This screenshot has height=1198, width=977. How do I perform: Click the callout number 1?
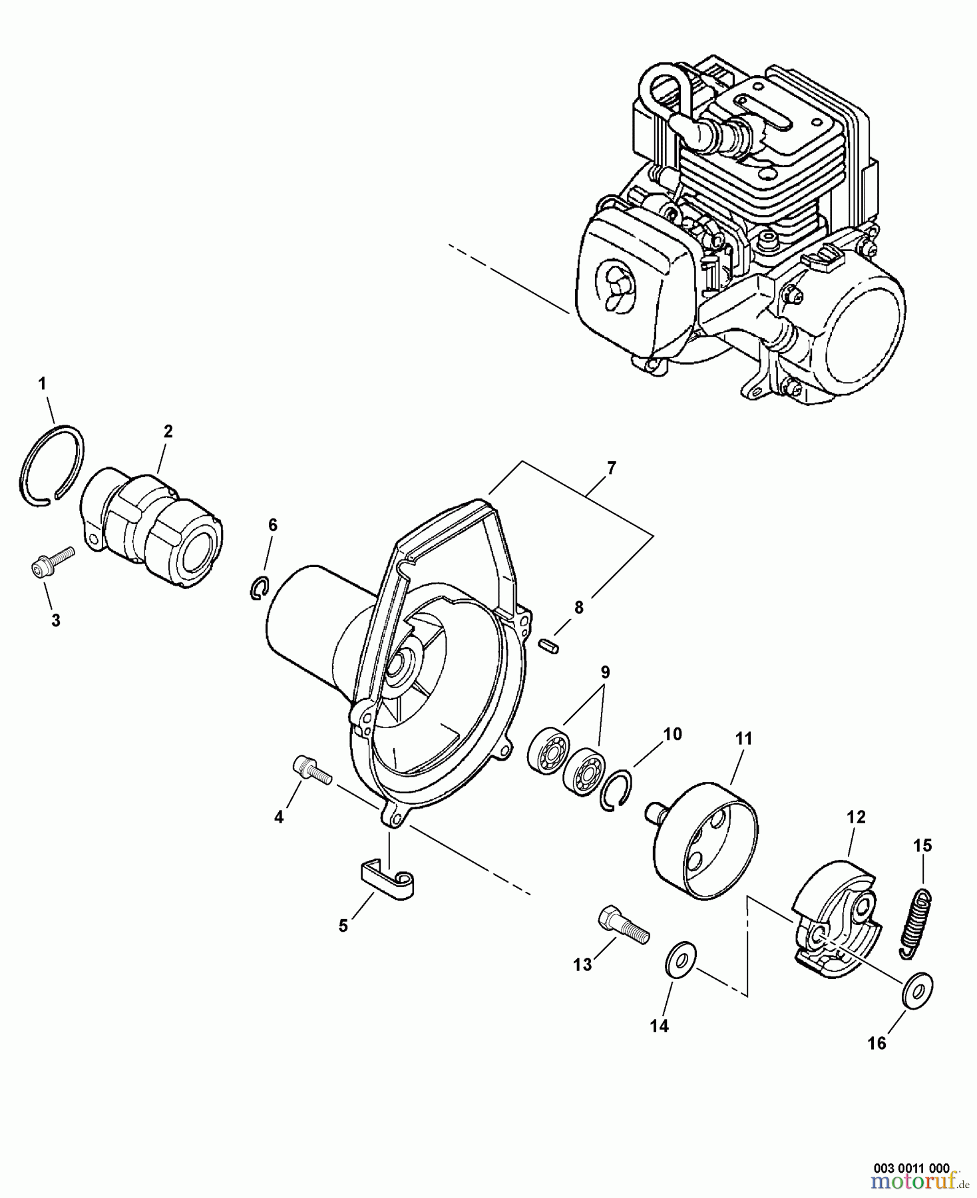pos(42,383)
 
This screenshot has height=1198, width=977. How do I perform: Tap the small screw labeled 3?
pos(53,560)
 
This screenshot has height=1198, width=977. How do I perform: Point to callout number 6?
pos(272,525)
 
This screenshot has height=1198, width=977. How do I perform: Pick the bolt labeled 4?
pos(312,775)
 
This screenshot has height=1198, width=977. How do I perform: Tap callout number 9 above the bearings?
pos(604,672)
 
